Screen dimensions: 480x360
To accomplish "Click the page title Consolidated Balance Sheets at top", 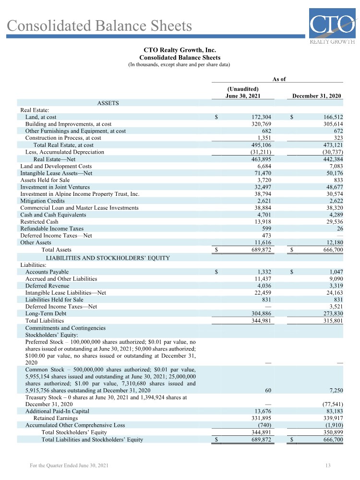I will pos(99,25).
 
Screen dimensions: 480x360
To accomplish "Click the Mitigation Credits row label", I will pos(42,201).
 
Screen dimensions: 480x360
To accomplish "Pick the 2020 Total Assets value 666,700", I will pos(331,250).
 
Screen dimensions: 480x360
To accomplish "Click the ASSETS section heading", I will pos(108,103).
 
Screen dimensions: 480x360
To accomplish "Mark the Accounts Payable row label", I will pos(47,272).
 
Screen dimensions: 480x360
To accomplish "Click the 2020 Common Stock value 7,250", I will pos(334,391).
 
